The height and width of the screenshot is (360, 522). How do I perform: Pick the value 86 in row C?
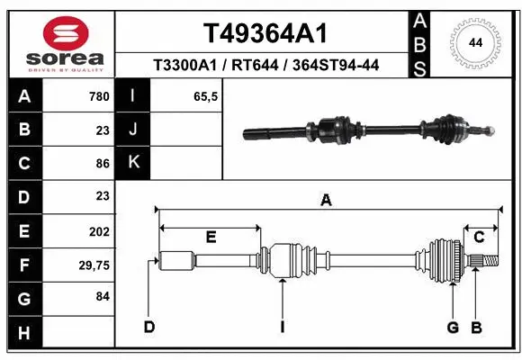102,163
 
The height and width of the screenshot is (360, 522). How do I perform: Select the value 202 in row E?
99,230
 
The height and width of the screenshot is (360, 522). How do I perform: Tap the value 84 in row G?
102,296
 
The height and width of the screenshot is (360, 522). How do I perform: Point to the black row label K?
134,163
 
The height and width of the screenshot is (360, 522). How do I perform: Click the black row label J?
134,130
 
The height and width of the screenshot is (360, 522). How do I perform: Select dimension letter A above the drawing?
326,201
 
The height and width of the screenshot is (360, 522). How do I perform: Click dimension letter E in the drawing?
210,237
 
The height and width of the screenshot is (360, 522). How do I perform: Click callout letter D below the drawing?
149,326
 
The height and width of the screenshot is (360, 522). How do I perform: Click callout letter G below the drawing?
453,326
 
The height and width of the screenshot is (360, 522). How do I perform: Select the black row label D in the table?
23,196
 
